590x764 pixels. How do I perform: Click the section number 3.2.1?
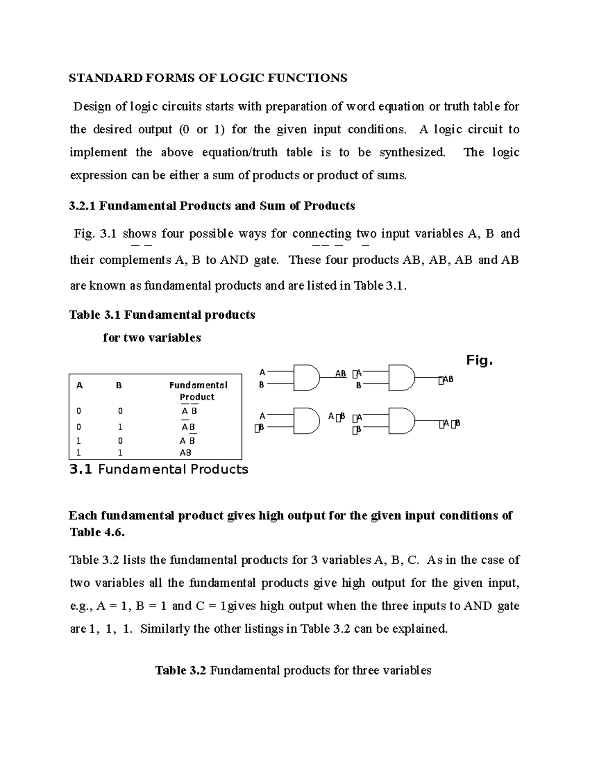(82, 206)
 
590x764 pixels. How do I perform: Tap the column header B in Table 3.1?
(118, 386)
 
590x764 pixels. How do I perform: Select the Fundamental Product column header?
(198, 391)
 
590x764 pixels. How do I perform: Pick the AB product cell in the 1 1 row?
(185, 453)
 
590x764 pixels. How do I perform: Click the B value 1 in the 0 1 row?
(120, 427)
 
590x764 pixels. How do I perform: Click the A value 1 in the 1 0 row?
(79, 441)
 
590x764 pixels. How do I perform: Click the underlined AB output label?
(340, 374)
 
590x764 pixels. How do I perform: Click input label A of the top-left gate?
(262, 372)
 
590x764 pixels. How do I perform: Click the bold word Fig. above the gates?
(479, 361)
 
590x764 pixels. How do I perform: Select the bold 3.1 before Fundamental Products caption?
(81, 470)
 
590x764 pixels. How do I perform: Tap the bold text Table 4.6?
(97, 532)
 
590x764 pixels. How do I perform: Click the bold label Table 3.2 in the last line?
(180, 671)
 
